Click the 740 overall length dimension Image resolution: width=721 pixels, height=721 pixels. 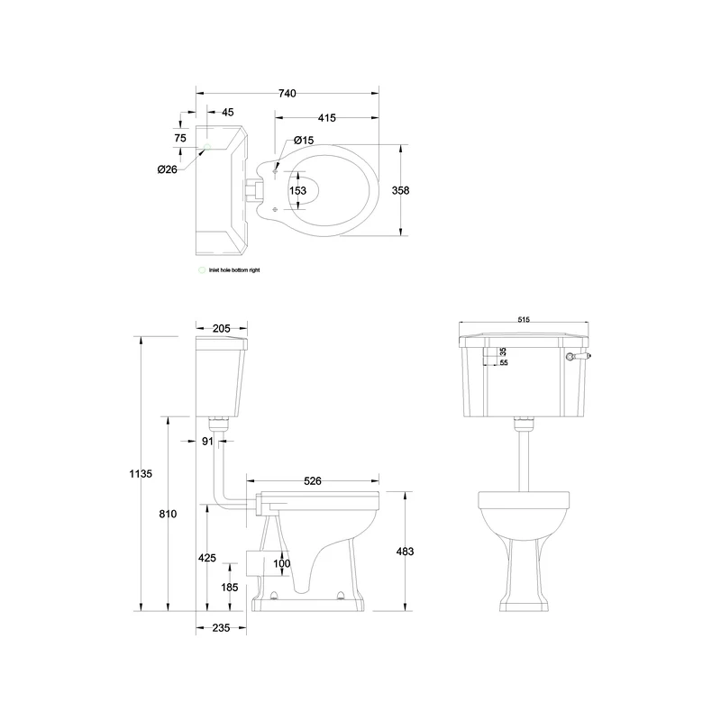(x=287, y=94)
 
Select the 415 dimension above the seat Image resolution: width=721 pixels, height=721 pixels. (x=326, y=118)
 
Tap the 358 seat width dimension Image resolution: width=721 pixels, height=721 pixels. (x=401, y=190)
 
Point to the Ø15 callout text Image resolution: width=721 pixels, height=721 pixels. (x=304, y=141)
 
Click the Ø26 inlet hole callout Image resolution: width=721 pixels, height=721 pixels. (x=167, y=169)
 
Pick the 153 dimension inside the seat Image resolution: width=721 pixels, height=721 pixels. (x=297, y=190)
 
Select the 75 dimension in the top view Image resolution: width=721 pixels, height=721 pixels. (x=180, y=138)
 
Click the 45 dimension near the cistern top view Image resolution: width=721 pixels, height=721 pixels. (x=227, y=113)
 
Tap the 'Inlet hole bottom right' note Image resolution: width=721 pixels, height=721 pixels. (x=233, y=269)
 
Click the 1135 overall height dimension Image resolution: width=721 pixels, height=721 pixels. (x=141, y=473)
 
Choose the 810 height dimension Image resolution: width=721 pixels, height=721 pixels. (x=168, y=513)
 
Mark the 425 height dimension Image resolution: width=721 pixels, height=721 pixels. (x=206, y=558)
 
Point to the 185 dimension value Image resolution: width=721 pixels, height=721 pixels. (x=230, y=587)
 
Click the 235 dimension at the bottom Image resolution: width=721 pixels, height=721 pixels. (x=221, y=627)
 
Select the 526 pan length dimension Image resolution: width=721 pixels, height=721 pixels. (x=312, y=481)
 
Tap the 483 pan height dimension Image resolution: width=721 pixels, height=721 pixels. (x=404, y=551)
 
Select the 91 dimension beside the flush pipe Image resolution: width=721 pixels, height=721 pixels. (x=208, y=441)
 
